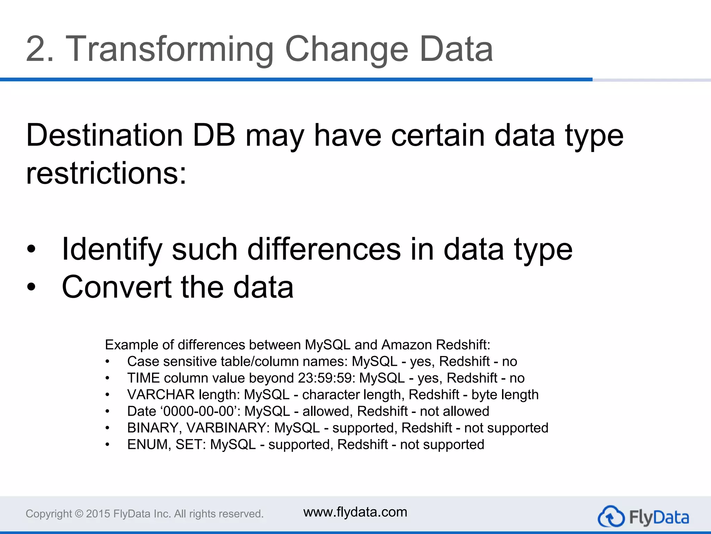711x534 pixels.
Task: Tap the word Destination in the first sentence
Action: [104, 136]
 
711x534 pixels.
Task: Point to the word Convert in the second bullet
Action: [117, 287]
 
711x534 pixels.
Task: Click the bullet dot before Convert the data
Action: [31, 287]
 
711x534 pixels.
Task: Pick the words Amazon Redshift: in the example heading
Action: [436, 345]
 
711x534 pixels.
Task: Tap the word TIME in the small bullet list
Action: [143, 378]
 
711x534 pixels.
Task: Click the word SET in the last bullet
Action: [187, 445]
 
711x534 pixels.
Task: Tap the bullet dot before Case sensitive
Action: [108, 362]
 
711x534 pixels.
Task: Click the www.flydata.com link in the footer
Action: [355, 512]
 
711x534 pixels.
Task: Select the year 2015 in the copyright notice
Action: [98, 514]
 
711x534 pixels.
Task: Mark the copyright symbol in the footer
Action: [79, 514]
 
